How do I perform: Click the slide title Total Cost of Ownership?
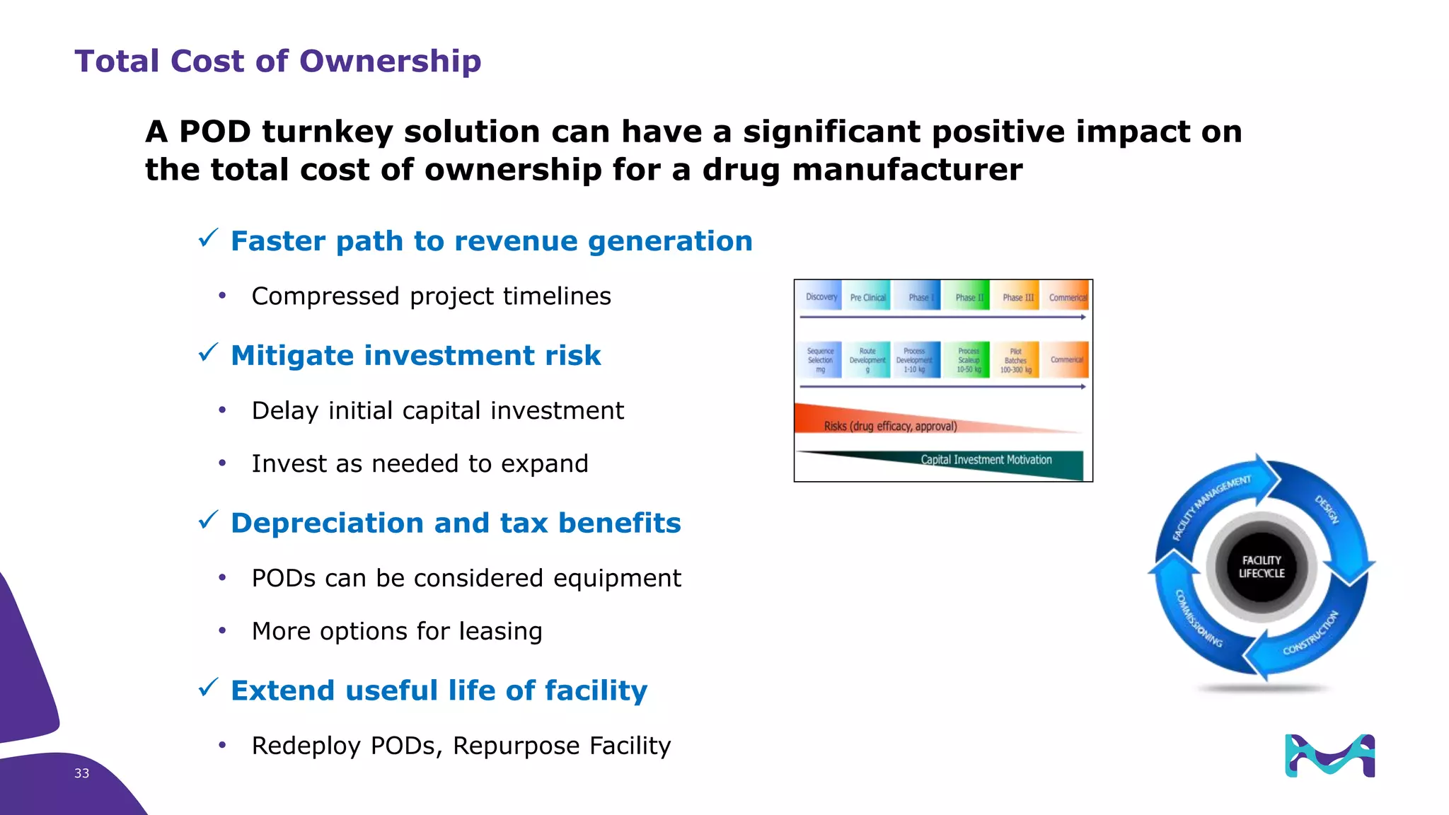[277, 61]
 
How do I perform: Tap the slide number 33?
[81, 773]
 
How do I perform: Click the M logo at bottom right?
[1329, 756]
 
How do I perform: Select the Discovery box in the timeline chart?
[821, 297]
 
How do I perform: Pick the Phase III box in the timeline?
[1017, 297]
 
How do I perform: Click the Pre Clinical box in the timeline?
[867, 297]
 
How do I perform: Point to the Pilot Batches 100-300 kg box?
[1015, 360]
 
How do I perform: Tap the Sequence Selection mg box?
[821, 360]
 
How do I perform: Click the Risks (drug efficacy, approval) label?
[890, 426]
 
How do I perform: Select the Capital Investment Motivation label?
[986, 460]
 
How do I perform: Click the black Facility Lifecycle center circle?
[1261, 567]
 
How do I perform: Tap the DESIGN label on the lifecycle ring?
[1327, 509]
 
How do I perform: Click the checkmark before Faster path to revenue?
[208, 238]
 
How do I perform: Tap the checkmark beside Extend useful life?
[208, 688]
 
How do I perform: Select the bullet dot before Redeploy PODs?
[222, 745]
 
